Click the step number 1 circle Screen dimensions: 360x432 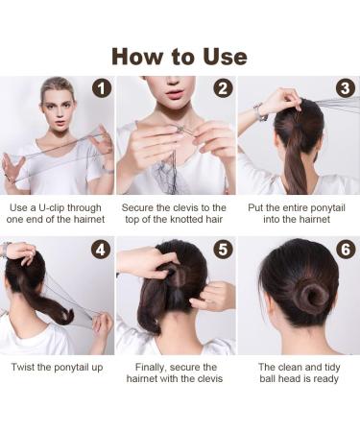[x=102, y=88]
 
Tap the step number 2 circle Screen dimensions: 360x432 [x=223, y=88]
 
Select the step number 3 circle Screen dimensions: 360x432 [x=346, y=88]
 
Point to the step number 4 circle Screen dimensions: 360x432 [x=101, y=250]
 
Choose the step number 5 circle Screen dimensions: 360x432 [x=223, y=250]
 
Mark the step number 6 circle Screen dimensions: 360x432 [x=346, y=250]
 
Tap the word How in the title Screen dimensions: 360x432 [x=138, y=57]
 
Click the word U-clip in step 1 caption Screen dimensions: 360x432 [x=51, y=208]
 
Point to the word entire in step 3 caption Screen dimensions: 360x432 [x=286, y=208]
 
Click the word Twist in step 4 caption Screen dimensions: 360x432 [x=23, y=367]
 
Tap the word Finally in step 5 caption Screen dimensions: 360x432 [x=151, y=368]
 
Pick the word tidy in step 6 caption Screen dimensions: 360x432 [x=328, y=368]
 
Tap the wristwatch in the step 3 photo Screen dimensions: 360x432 [x=260, y=112]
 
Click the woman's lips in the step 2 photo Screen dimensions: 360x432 [x=175, y=95]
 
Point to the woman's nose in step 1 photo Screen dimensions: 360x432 [x=59, y=113]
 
